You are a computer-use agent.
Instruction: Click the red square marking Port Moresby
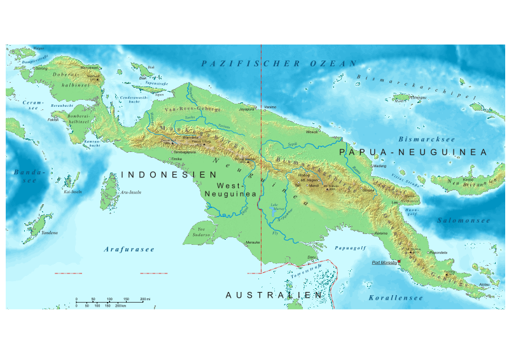click(399, 261)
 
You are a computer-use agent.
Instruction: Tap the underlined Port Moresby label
click(384, 262)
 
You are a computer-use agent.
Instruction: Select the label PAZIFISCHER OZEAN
click(279, 64)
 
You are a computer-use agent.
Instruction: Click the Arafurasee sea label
click(129, 249)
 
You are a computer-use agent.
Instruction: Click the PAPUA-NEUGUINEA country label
click(413, 153)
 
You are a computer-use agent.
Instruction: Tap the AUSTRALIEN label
click(274, 295)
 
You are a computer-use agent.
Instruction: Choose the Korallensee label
click(395, 297)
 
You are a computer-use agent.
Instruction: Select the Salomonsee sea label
click(463, 220)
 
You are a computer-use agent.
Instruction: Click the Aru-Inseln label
click(130, 191)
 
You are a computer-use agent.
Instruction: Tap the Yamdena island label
click(49, 233)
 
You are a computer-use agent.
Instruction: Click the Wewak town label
click(312, 132)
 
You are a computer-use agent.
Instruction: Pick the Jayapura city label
click(246, 109)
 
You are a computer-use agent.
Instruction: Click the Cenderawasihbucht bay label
click(134, 99)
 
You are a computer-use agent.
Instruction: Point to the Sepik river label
click(292, 144)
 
